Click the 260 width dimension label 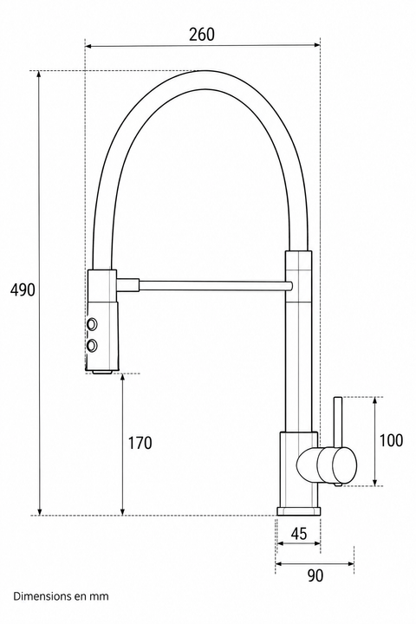202,35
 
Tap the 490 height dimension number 23,290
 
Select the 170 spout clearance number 140,443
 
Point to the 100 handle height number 391,440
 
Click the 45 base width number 299,534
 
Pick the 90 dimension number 315,575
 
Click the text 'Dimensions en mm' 61,596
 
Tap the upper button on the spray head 93,324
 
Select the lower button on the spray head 93,346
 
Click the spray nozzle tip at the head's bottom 102,371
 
